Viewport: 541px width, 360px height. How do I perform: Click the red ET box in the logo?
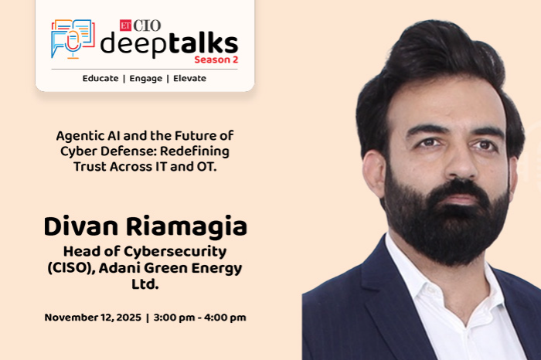125,25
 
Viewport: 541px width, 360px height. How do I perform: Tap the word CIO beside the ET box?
147,25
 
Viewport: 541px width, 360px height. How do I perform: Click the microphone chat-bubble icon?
73,39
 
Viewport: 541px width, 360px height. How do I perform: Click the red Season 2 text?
216,59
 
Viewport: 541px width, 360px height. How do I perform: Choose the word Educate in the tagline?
100,78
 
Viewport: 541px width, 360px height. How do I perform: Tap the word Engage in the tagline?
145,79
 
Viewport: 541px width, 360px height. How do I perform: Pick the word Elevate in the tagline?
190,78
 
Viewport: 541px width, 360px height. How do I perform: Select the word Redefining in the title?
195,151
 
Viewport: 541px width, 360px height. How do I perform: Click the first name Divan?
80,226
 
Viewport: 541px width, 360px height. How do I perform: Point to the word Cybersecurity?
175,252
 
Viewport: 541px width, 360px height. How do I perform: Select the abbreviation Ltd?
145,284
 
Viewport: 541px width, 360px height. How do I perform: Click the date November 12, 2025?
93,318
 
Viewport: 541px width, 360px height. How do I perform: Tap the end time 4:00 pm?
225,318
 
